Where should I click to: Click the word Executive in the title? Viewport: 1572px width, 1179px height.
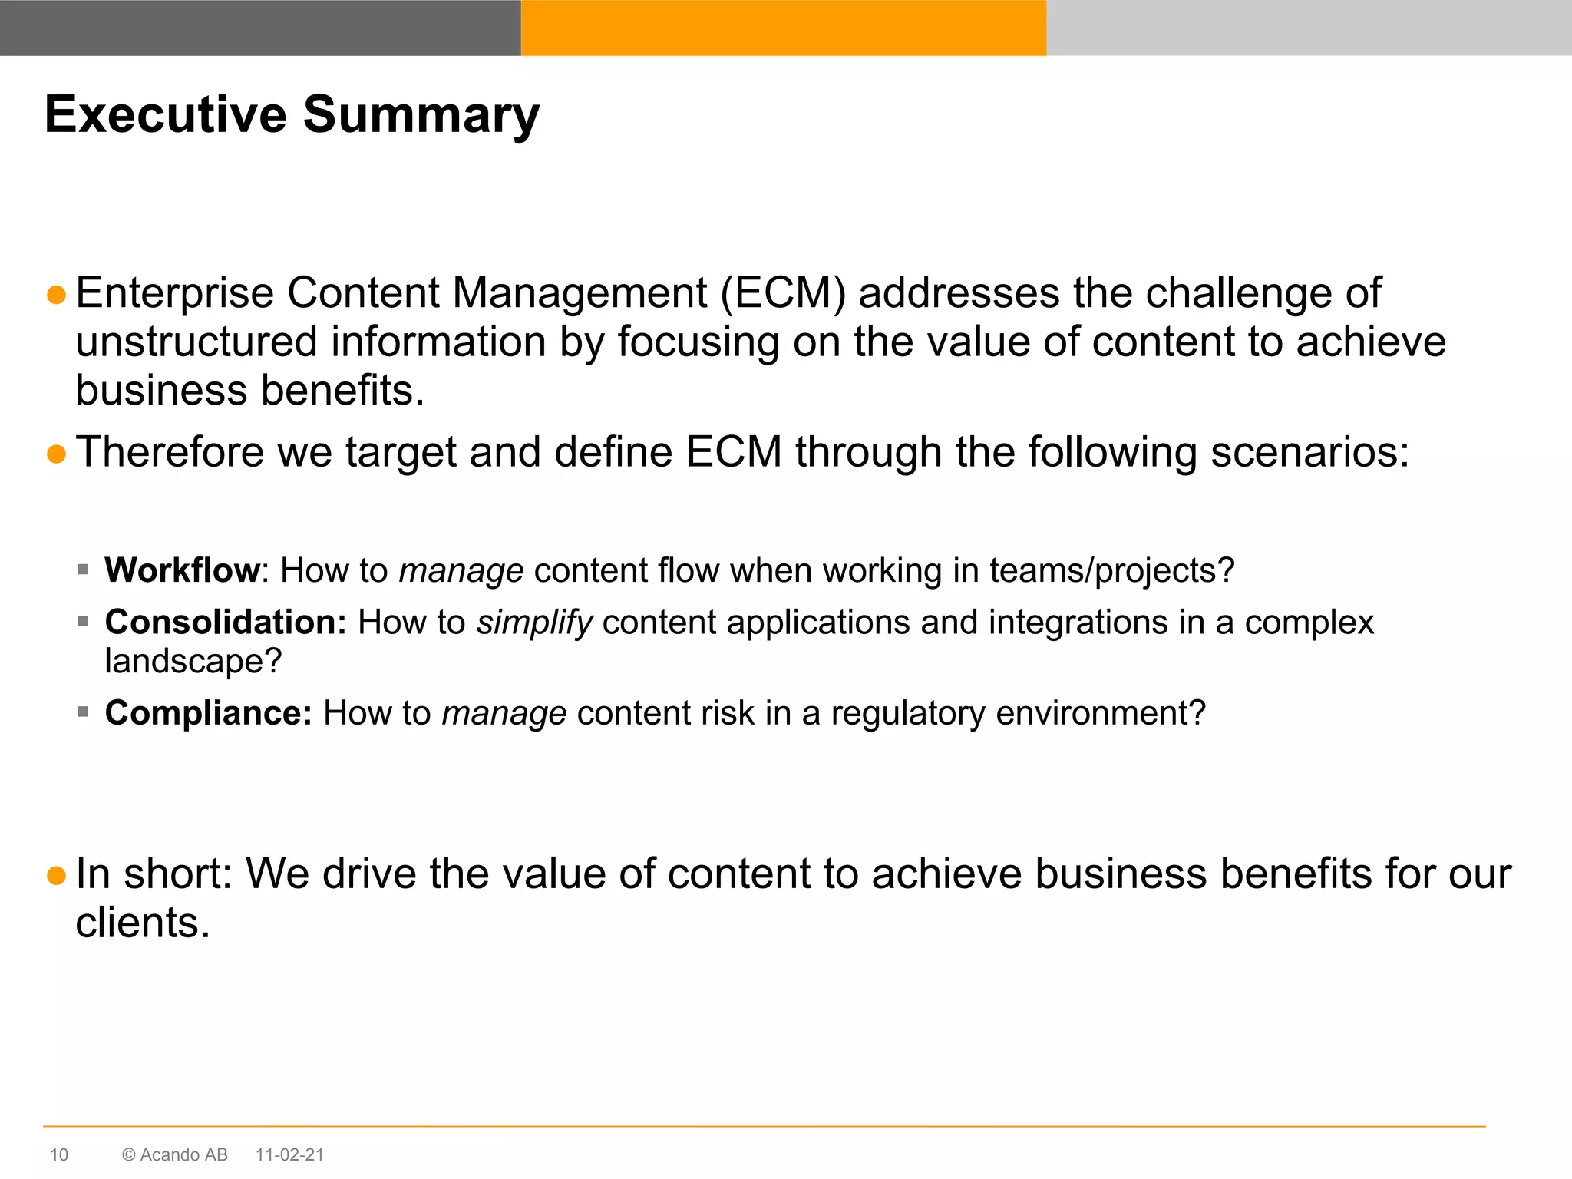click(165, 115)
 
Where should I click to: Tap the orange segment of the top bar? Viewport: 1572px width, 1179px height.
click(783, 28)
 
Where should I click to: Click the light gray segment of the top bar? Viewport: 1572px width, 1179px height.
click(1309, 28)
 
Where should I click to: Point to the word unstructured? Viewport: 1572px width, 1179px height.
click(196, 342)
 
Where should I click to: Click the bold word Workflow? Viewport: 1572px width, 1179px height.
click(183, 570)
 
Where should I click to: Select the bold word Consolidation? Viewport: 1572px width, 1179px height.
click(226, 622)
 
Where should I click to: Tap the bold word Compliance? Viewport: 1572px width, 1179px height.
click(208, 713)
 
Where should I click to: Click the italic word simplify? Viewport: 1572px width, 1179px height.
click(534, 623)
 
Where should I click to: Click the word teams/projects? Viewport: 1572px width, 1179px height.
click(1111, 570)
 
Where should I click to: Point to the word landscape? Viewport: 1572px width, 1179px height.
click(193, 662)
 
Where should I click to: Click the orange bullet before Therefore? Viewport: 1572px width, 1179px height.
click(56, 454)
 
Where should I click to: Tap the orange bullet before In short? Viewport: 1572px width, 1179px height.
click(56, 875)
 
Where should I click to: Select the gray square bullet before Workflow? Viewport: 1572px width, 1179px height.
click(84, 570)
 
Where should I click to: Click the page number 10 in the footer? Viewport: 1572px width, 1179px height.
click(59, 1154)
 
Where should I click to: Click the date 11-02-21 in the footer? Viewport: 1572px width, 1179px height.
click(289, 1154)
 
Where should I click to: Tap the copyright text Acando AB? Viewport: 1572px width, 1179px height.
click(183, 1154)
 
